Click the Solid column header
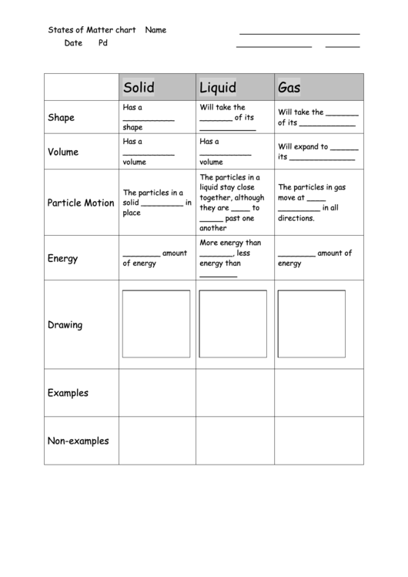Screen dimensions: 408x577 click(139, 87)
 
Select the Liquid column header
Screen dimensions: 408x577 click(218, 87)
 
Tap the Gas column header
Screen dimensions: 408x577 click(289, 87)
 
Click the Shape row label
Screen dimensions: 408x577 click(62, 118)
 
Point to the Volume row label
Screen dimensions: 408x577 click(63, 152)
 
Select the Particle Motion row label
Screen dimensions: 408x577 click(81, 203)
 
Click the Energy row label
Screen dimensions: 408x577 click(63, 258)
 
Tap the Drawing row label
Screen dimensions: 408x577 click(65, 324)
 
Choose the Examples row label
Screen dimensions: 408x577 click(68, 393)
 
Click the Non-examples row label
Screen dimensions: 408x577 click(79, 441)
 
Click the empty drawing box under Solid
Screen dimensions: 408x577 click(156, 324)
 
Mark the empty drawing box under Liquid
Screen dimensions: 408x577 click(233, 324)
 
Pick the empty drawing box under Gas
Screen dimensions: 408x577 click(311, 324)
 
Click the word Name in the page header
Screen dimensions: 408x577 click(156, 31)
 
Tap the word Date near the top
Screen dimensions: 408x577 click(73, 43)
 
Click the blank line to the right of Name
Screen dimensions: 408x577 click(299, 33)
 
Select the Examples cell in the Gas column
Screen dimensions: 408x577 click(319, 393)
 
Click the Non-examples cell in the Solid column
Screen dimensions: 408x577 click(157, 441)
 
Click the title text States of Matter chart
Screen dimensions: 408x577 click(92, 31)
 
